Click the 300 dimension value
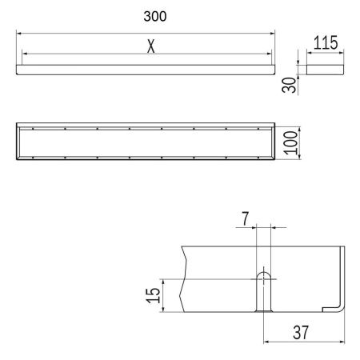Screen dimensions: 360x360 (155, 16)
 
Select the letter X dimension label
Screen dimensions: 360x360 (151, 46)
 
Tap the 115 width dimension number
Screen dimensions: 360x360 (326, 42)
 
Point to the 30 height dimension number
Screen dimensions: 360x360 (290, 85)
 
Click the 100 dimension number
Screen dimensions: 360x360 (290, 143)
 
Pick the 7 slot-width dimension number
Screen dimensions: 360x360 (246, 218)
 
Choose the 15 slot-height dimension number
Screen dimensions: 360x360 (154, 295)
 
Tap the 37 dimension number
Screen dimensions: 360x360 (301, 333)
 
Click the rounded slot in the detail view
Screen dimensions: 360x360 (263, 292)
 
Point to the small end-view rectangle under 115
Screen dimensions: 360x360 (325, 70)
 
